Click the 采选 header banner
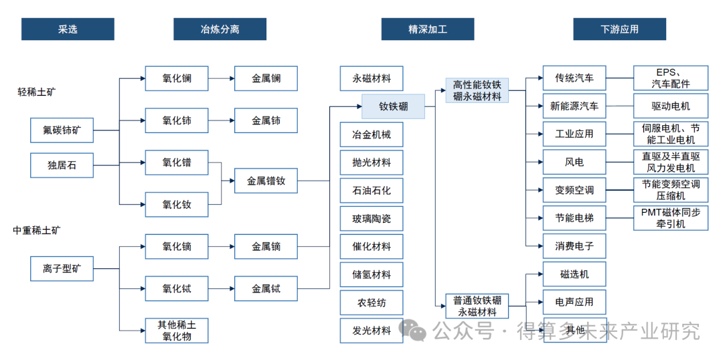(x=68, y=29)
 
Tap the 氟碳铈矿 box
(x=62, y=130)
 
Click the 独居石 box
(x=62, y=165)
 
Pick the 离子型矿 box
(x=62, y=268)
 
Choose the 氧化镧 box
(x=177, y=78)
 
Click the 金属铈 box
(x=266, y=120)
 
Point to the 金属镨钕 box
(x=266, y=181)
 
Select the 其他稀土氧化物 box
(x=177, y=331)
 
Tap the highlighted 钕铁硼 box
(x=393, y=106)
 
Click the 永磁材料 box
(x=372, y=78)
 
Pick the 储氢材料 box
(x=372, y=274)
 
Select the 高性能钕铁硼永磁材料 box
(x=477, y=90)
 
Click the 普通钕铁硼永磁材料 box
(x=477, y=306)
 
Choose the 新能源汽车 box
(x=574, y=106)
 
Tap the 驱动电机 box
(x=670, y=106)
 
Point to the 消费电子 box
(x=574, y=246)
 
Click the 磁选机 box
(x=574, y=274)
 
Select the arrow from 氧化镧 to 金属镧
(x=221, y=78)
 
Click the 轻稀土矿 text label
(x=37, y=92)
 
